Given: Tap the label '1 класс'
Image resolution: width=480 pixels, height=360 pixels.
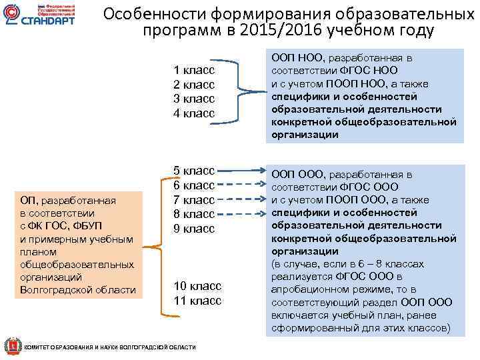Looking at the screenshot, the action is (193, 70).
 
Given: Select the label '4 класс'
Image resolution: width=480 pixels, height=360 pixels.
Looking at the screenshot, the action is (193, 113).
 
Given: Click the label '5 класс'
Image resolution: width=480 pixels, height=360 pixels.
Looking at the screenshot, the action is (193, 171).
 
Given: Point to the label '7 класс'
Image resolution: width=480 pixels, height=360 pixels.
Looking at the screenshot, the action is (193, 199).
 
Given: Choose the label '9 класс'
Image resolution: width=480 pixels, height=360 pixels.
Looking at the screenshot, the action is (193, 229).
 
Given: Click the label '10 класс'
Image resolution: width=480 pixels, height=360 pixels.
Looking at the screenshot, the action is (197, 286).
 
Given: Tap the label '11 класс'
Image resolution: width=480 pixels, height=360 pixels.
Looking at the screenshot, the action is (197, 301).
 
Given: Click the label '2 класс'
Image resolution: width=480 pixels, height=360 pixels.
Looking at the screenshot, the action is (193, 85).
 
